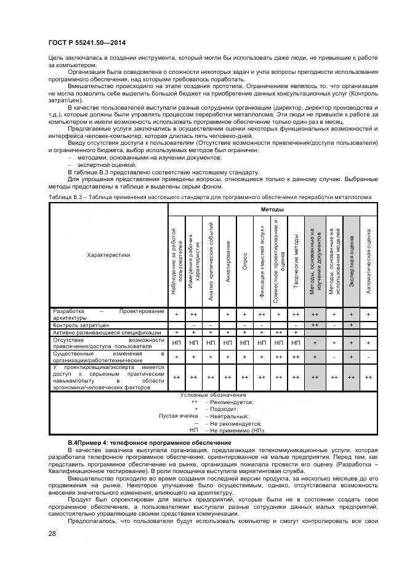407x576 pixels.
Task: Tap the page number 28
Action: click(x=51, y=533)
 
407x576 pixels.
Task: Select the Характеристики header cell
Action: click(x=108, y=255)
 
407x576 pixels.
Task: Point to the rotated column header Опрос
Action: click(x=245, y=259)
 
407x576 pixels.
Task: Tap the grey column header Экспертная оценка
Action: click(x=351, y=261)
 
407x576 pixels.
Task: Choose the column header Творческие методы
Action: click(x=297, y=261)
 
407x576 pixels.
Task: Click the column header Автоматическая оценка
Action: click(x=368, y=261)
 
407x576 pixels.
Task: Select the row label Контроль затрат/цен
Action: click(x=81, y=324)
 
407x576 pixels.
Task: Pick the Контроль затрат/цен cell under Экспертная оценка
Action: click(x=351, y=324)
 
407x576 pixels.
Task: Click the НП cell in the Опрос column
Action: click(x=245, y=343)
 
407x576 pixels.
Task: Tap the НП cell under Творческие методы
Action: click(x=297, y=343)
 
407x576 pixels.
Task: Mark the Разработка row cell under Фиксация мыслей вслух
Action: click(x=262, y=314)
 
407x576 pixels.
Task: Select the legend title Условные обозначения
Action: click(x=212, y=394)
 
